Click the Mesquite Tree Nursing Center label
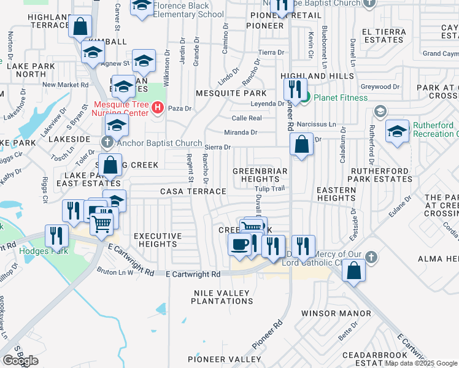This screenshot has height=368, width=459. click(121, 109)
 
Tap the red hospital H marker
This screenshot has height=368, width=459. click(158, 109)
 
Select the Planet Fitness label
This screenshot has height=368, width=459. click(341, 98)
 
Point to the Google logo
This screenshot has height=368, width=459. click(20, 361)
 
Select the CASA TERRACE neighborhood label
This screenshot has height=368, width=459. click(193, 192)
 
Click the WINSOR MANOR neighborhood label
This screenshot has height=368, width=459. click(337, 313)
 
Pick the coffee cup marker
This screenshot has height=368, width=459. click(238, 244)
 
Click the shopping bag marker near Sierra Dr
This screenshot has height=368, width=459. click(301, 146)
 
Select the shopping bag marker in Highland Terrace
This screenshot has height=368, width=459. click(80, 26)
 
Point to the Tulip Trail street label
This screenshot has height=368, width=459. click(270, 189)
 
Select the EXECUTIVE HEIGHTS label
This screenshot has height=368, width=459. click(158, 240)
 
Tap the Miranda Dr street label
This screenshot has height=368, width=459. click(241, 132)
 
